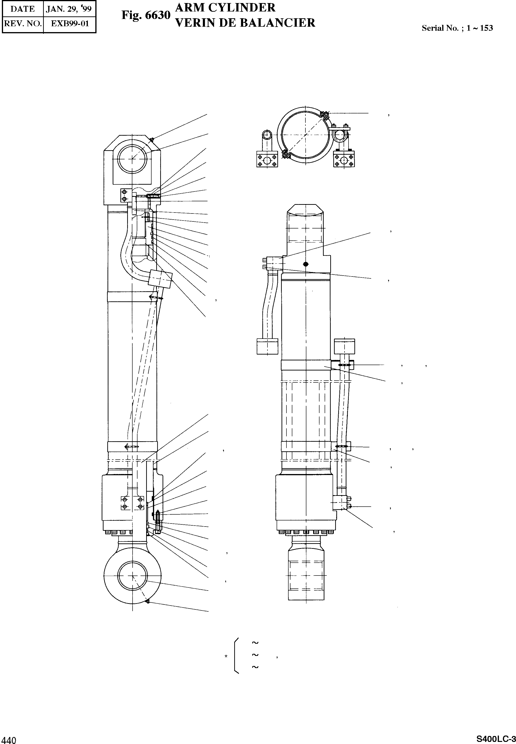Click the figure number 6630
point(157,15)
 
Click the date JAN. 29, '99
point(69,9)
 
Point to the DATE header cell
point(23,9)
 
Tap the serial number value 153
point(486,28)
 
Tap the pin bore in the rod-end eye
point(133,576)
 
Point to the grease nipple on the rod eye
point(147,601)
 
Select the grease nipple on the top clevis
point(151,139)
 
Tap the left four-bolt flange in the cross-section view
point(267,160)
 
